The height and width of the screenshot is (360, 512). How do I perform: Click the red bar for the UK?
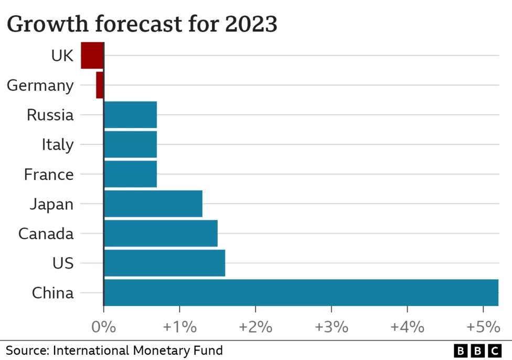tap(92, 55)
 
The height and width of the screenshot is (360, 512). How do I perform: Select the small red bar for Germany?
tap(100, 85)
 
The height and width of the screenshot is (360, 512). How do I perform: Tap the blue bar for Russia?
tap(130, 115)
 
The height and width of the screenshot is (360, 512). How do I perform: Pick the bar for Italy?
tap(130, 144)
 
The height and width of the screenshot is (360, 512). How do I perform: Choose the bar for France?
tap(130, 174)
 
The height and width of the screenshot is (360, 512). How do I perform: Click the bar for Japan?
tap(153, 204)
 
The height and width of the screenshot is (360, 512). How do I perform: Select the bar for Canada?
tap(161, 234)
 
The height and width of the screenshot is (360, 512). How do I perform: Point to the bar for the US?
tap(164, 263)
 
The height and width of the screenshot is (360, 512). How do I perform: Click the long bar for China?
tap(301, 293)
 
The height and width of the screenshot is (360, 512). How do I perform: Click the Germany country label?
tap(40, 86)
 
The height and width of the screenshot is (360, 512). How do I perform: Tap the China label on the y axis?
tap(52, 293)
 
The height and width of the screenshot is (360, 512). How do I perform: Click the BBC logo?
tap(478, 351)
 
